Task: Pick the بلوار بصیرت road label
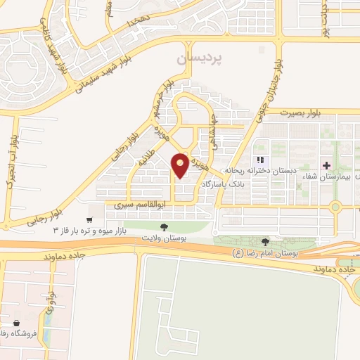303,112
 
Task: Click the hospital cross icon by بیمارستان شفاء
326,166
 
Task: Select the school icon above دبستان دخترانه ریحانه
261,161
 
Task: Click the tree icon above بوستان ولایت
164,226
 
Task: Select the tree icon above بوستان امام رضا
265,243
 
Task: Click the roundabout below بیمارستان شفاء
335,207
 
